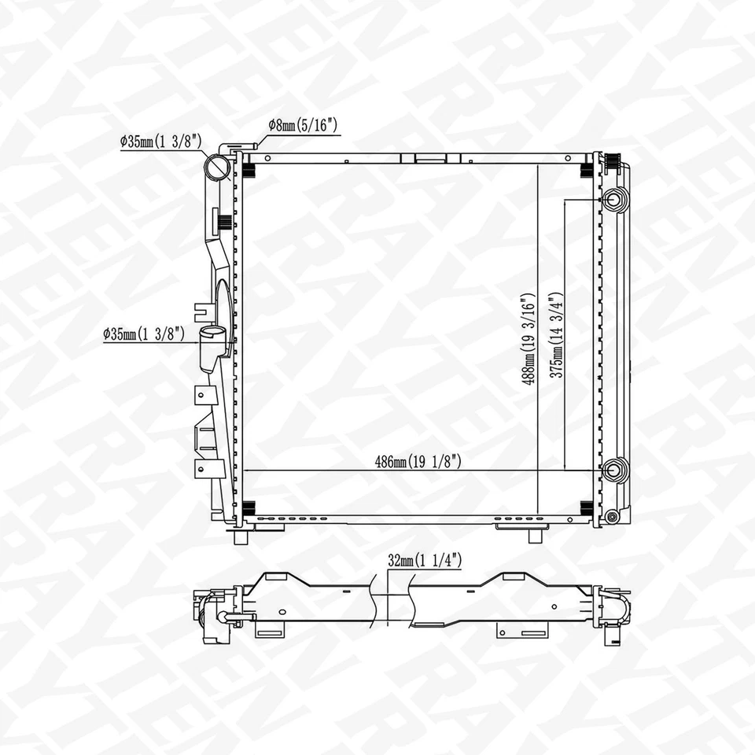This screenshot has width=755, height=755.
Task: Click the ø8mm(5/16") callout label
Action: coord(303,124)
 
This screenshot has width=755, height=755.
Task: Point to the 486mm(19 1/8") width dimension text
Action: coord(417,462)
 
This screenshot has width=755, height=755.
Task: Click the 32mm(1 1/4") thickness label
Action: coord(425,561)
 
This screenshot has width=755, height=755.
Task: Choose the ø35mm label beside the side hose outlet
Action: coord(144,333)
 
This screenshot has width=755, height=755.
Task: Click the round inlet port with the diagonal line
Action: coord(218,167)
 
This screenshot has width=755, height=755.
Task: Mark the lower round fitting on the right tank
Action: coord(615,470)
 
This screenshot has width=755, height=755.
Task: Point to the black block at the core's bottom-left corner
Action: coord(249,508)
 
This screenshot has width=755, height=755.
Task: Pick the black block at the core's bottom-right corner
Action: coord(586,508)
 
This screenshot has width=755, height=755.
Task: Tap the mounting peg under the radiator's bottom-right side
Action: coord(535,535)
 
